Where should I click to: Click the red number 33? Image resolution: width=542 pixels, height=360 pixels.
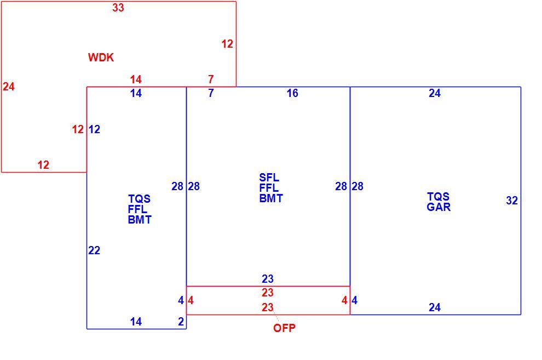coord(118,8)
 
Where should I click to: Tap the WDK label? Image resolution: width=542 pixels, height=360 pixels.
coord(101,58)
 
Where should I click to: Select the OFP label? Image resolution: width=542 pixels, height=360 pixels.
coord(284,328)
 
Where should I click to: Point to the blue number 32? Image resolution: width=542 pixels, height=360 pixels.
coord(512,201)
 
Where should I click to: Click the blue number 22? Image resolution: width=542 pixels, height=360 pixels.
coord(94,250)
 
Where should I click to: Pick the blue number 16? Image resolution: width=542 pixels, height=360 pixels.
coord(292,93)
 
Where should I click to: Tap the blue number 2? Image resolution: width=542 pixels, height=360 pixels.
coord(181,322)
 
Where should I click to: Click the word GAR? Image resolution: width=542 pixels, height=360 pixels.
coord(439,207)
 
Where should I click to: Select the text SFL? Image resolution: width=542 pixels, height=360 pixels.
coord(269,178)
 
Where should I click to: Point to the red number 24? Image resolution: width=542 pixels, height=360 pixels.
coord(9,87)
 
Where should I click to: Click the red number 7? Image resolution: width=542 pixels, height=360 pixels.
coord(211,79)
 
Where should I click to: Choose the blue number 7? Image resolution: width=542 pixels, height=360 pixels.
coord(211,93)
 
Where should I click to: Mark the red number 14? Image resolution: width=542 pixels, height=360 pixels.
coord(136,79)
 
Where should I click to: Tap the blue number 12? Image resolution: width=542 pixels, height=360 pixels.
coord(94,129)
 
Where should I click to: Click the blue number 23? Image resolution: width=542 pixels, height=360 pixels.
coord(268,279)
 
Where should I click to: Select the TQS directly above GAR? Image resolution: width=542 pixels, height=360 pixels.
coord(439,197)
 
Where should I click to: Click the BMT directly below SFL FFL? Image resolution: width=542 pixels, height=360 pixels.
coord(271,198)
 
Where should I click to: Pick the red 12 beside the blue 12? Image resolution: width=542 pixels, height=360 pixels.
coord(78,129)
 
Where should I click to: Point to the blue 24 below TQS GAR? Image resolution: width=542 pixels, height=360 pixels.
coord(435,307)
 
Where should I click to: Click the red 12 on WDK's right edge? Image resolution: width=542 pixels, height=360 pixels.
coord(227,44)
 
